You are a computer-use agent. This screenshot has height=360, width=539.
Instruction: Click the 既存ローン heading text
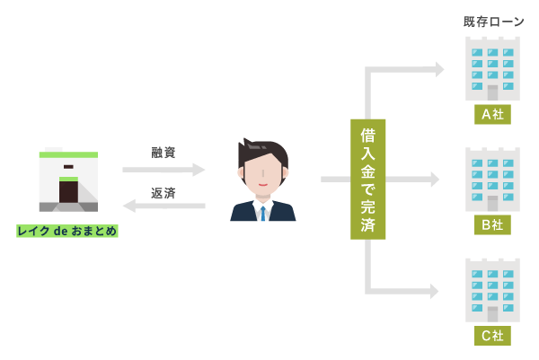(493, 22)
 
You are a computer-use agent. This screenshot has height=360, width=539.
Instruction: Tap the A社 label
(492, 114)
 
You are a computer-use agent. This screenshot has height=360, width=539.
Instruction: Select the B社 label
(492, 225)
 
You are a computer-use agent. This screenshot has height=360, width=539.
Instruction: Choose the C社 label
(492, 336)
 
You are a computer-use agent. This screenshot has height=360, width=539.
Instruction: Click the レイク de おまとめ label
(67, 231)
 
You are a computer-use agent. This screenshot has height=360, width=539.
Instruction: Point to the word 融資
(163, 153)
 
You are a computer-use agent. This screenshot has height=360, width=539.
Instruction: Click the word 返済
(163, 193)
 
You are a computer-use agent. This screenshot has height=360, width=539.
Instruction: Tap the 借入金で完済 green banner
(367, 180)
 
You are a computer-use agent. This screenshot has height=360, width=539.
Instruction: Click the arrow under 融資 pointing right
(163, 170)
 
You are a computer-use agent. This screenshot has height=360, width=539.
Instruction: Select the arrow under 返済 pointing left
(164, 206)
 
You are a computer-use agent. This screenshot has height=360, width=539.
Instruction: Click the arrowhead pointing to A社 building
(439, 69)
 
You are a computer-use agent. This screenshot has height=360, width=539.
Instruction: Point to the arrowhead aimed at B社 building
(435, 180)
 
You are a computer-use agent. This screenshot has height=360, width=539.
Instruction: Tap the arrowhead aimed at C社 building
(435, 291)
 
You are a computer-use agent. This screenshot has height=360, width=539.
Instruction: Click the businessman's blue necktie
(263, 214)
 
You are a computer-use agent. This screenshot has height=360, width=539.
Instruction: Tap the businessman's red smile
(263, 185)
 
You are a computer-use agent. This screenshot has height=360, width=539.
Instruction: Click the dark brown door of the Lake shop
(68, 192)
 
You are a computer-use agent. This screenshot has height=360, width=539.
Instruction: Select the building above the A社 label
(492, 69)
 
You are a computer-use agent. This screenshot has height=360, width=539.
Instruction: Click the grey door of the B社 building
(492, 204)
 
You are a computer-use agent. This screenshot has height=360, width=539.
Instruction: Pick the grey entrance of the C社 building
(492, 314)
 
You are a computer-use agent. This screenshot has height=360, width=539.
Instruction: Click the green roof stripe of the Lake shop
(68, 155)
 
